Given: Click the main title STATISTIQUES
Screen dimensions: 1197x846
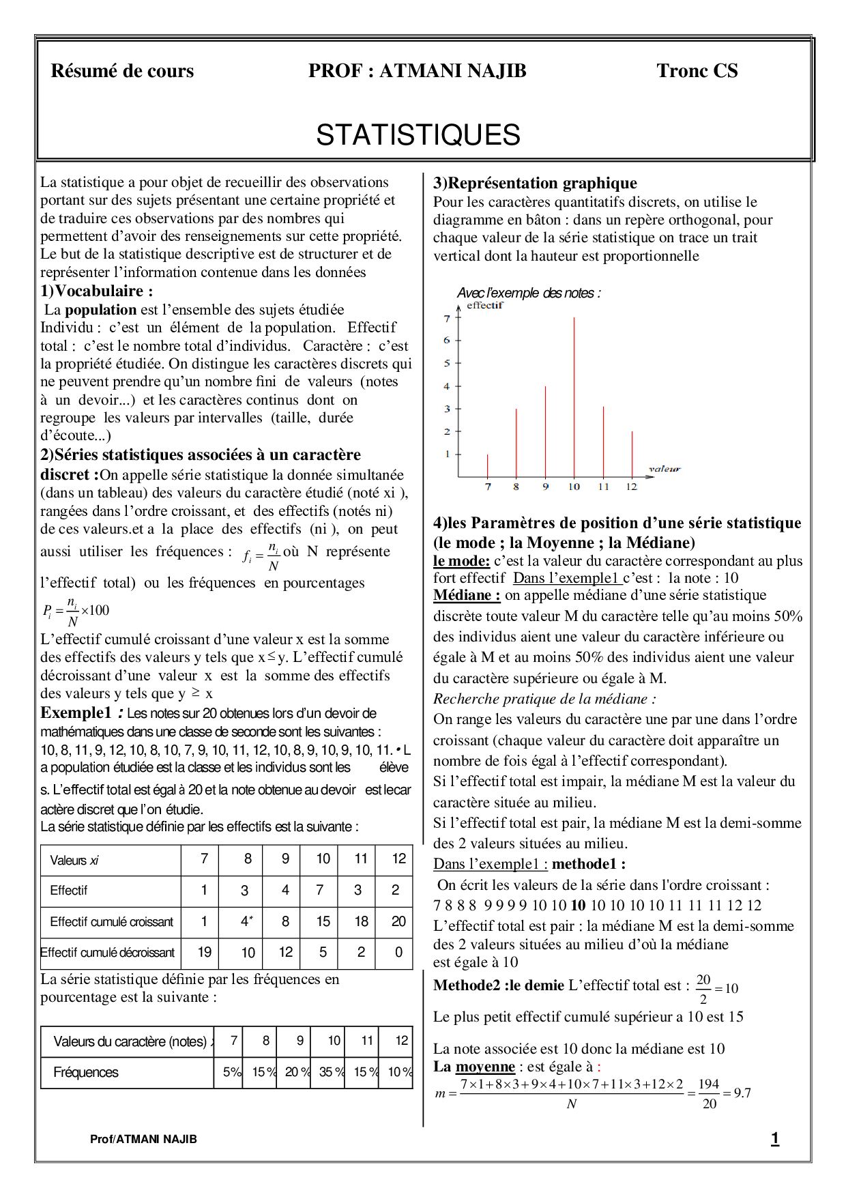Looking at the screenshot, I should click(x=418, y=135).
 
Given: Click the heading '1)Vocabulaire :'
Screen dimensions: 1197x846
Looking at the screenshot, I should click(x=96, y=291).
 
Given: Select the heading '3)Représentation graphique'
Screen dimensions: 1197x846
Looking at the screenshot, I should click(x=535, y=183).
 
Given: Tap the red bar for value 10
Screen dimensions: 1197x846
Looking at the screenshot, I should click(x=574, y=396).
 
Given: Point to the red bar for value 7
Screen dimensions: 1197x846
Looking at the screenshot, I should click(x=487, y=465).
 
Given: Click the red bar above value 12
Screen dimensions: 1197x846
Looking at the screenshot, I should click(x=632, y=454).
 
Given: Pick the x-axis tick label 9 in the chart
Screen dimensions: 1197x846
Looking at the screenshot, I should click(x=545, y=487).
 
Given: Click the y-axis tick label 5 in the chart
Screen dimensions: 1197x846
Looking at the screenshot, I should click(x=447, y=363).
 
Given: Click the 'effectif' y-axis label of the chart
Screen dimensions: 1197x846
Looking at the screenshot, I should click(x=485, y=306).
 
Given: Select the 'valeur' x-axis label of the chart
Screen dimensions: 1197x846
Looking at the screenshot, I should click(x=664, y=469).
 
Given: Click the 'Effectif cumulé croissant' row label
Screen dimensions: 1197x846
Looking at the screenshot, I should click(x=111, y=922).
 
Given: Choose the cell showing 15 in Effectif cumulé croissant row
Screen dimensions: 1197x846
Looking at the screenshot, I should click(x=323, y=922).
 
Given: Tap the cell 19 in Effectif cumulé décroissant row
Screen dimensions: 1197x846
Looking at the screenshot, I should click(x=204, y=952).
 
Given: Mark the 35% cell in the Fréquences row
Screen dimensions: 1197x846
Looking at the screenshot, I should click(x=328, y=1072).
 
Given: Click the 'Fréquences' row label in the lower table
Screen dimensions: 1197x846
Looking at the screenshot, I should click(x=86, y=1072).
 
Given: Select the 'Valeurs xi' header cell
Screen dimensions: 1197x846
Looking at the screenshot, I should click(x=74, y=861).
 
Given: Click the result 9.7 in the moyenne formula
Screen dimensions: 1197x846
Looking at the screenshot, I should click(x=742, y=1093).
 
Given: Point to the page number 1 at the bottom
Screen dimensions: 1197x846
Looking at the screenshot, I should click(x=774, y=1139).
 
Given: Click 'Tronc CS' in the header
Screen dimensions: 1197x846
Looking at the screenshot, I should click(x=697, y=71).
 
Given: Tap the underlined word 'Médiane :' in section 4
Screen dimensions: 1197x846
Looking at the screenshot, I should click(x=467, y=595).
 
